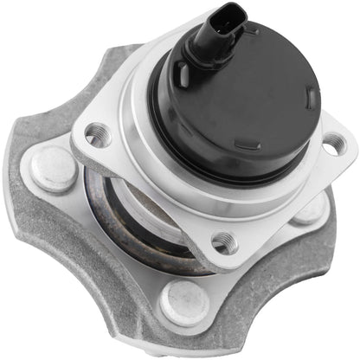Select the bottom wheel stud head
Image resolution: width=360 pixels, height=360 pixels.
184,299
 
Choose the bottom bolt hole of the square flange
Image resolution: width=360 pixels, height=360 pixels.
224,242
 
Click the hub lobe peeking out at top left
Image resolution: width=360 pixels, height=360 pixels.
112,65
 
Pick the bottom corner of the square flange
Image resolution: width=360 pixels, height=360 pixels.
221,260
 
